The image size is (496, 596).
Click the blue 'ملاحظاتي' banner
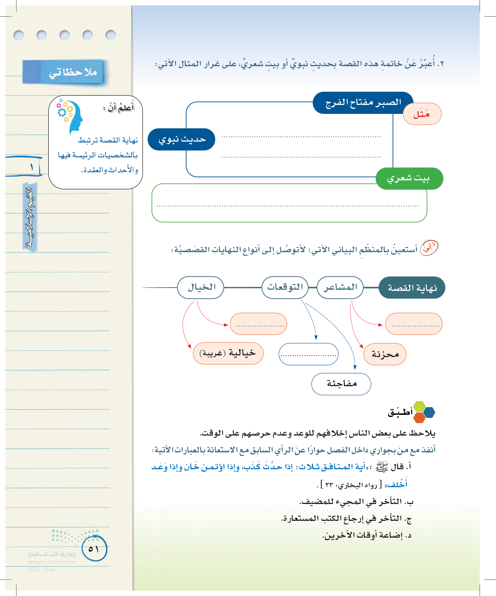click(x=63, y=72)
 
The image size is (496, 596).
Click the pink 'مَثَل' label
click(x=422, y=114)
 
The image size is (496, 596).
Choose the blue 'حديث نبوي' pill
click(x=182, y=139)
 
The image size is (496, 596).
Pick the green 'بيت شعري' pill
click(x=409, y=178)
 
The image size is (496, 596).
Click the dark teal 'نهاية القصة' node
click(x=412, y=288)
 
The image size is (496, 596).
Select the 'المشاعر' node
click(x=340, y=287)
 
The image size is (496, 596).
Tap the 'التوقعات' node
click(x=285, y=287)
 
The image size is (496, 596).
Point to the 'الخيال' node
click(x=201, y=287)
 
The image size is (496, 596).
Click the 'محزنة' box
click(x=385, y=354)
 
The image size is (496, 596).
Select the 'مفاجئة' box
click(x=341, y=384)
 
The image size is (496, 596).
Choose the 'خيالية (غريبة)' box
click(x=228, y=353)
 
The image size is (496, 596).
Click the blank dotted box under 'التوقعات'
click(x=308, y=354)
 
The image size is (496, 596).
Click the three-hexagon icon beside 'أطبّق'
click(x=424, y=412)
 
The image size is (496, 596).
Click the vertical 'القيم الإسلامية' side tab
click(x=30, y=217)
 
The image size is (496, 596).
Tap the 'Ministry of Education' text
click(x=52, y=562)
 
